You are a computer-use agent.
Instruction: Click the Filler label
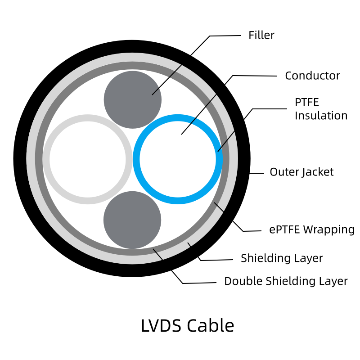click(261, 35)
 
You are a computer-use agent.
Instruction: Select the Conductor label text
click(312, 76)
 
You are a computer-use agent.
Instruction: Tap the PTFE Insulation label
click(321, 109)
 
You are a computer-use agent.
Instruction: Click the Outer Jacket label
click(301, 172)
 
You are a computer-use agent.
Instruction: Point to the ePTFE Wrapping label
click(312, 229)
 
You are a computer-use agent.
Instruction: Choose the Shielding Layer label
click(282, 258)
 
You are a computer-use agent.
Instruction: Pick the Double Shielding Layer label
click(286, 281)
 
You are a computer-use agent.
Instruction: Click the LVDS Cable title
click(187, 326)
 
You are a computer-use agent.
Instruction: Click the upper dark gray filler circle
click(132, 99)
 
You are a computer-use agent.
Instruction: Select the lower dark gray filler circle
click(132, 220)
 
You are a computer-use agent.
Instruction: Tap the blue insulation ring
click(178, 117)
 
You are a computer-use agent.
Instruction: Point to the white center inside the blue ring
click(178, 159)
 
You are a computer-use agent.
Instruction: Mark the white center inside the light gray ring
click(87, 159)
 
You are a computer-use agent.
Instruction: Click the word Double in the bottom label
click(243, 281)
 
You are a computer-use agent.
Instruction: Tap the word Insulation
click(321, 116)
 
